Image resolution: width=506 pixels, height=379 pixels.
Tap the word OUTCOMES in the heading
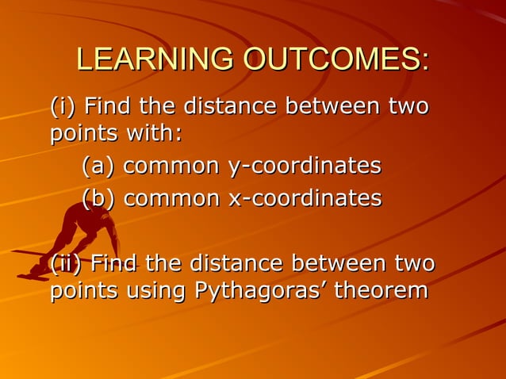333,59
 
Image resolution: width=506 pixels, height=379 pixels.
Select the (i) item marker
63,105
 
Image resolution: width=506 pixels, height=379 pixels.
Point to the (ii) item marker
67,262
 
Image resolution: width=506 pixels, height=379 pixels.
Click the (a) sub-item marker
98,167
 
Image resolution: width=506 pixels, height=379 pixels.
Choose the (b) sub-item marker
98,197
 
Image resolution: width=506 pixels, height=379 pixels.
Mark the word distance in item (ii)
236,262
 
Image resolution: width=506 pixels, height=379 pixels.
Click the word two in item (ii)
413,262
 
